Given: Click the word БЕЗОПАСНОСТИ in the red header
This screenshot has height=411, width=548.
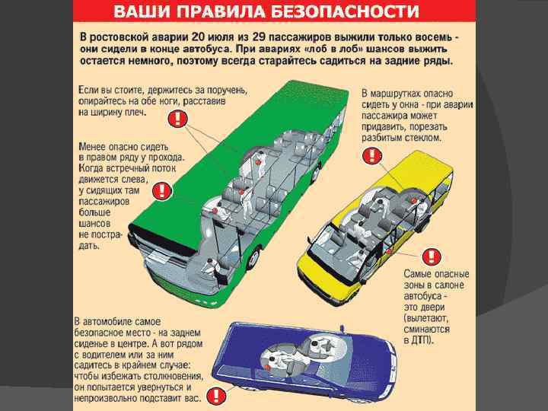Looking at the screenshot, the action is click(345, 11).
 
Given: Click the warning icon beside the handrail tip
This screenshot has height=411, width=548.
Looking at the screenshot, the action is click(177, 119).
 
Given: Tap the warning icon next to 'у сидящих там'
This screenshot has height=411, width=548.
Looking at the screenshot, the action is click(162, 191).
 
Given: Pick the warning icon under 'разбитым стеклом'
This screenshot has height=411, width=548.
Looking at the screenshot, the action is click(372, 155).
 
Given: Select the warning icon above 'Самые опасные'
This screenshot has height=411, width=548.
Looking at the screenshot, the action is click(432, 257).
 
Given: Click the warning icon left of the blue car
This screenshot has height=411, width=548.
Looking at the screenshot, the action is click(216, 396).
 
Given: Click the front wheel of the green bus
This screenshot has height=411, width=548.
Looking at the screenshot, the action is click(254, 258).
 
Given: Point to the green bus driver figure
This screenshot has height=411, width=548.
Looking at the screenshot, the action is click(212, 266).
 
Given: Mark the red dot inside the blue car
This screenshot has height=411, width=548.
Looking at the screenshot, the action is click(266, 367).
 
